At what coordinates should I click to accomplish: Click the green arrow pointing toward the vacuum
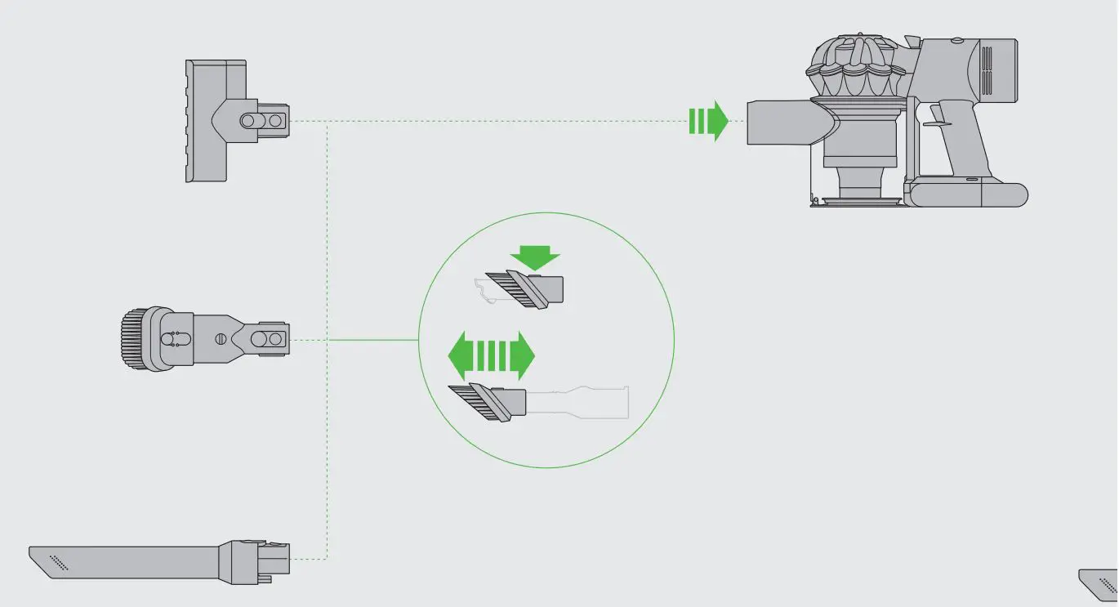point(708,121)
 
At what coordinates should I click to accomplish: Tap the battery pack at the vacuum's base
point(968,194)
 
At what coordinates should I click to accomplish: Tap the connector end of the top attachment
point(266,121)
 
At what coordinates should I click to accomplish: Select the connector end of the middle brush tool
point(269,339)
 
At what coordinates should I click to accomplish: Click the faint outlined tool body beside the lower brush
point(580,401)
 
